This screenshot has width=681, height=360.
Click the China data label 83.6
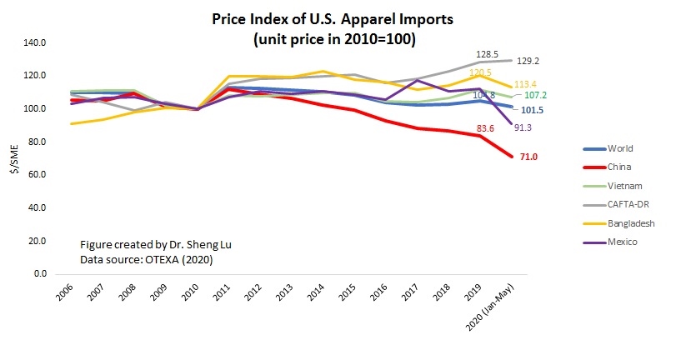[488, 128]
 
